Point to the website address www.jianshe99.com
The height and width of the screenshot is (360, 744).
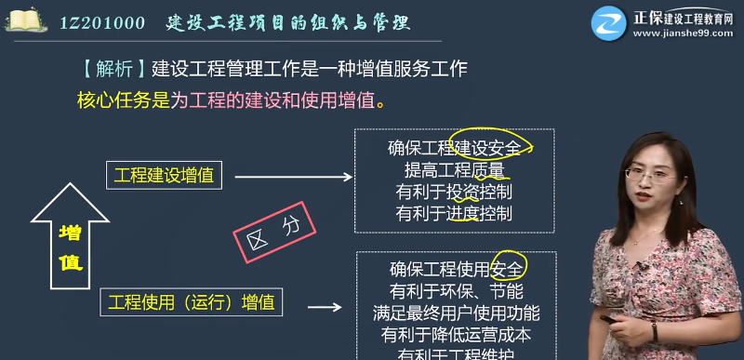point(684,33)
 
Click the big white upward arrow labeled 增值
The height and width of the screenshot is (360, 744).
point(70,236)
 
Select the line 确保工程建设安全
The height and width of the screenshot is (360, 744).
point(454,148)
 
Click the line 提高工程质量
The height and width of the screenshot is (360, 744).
point(454,170)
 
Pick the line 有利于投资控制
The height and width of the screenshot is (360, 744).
point(454,192)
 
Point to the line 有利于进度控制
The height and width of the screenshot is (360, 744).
point(454,213)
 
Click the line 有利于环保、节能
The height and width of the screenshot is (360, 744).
point(455,291)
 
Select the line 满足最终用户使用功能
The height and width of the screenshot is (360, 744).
point(455,313)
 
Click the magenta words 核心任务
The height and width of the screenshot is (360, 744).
point(114,100)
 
